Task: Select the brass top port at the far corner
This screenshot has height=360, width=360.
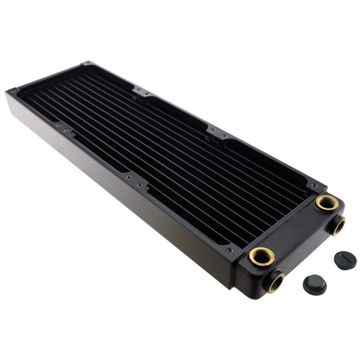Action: pyautogui.click(x=326, y=202)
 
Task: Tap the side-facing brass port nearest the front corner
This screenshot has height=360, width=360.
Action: pyautogui.click(x=276, y=282)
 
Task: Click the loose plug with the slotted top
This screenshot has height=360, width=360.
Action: pyautogui.click(x=345, y=260)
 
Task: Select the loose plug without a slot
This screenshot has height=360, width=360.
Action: pyautogui.click(x=315, y=283)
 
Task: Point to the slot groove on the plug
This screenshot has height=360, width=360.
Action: pyautogui.click(x=346, y=259)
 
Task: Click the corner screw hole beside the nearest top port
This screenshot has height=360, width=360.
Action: pyautogui.click(x=229, y=250)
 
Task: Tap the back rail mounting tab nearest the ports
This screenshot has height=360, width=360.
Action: pyautogui.click(x=216, y=131)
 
